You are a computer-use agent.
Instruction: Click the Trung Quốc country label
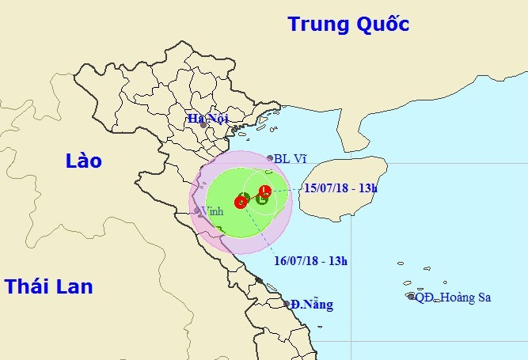click(x=348, y=24)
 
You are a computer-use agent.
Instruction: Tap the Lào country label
click(x=84, y=161)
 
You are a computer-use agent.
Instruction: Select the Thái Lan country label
click(x=48, y=286)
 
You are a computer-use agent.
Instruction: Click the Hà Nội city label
click(x=207, y=119)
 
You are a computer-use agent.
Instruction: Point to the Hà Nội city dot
click(x=204, y=125)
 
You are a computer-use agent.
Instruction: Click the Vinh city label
click(x=213, y=211)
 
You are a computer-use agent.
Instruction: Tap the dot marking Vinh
click(x=197, y=210)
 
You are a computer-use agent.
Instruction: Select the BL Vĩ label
click(x=290, y=158)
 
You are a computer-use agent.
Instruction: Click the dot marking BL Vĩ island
click(x=270, y=158)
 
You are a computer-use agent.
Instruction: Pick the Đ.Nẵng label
click(x=311, y=304)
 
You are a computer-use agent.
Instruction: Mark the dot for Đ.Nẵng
click(x=286, y=303)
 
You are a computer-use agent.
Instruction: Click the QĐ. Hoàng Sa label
click(x=454, y=297)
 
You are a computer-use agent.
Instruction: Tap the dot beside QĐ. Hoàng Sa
click(x=411, y=297)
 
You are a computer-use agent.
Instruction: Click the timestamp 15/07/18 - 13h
click(x=341, y=188)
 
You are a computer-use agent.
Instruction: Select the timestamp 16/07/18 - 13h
click(x=310, y=260)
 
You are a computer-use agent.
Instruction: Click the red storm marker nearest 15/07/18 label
click(x=265, y=190)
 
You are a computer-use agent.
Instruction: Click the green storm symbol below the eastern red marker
click(x=262, y=199)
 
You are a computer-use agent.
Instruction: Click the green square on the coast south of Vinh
click(x=219, y=230)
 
